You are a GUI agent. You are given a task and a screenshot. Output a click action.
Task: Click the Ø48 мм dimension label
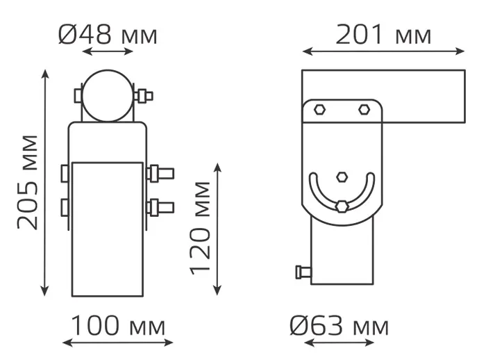(x=108, y=35)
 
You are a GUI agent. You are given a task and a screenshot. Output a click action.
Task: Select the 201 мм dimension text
(x=383, y=35)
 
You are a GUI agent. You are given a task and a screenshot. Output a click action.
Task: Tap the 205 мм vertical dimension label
(x=28, y=183)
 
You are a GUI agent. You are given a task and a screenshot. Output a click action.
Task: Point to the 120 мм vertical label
(x=200, y=228)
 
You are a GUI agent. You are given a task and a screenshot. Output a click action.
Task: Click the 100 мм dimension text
(x=118, y=325)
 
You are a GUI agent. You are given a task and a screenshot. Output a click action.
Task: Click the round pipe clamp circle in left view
(x=108, y=96)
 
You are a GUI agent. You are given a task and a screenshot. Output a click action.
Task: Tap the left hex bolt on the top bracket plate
(x=319, y=110)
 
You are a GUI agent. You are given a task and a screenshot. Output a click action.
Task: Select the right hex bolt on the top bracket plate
(x=364, y=110)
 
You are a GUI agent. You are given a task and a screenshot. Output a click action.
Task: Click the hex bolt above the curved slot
(x=342, y=177)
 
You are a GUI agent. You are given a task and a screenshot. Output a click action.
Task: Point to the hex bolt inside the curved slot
(x=342, y=206)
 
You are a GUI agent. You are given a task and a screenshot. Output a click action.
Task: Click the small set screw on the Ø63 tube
(x=303, y=272)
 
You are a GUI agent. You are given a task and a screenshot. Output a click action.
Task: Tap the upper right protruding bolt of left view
(x=160, y=174)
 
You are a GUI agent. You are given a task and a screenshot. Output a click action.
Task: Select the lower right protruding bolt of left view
(x=160, y=208)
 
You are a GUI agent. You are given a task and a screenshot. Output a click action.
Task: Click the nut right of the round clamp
(x=144, y=96)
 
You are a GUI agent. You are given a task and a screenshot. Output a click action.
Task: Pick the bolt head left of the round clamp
(x=78, y=96)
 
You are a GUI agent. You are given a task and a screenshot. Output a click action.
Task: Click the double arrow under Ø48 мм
(x=108, y=51)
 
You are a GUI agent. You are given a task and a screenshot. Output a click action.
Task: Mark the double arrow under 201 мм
(x=383, y=51)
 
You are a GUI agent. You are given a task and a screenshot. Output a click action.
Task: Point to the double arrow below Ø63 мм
(x=339, y=343)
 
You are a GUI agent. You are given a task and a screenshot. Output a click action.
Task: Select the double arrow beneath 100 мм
(x=118, y=343)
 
